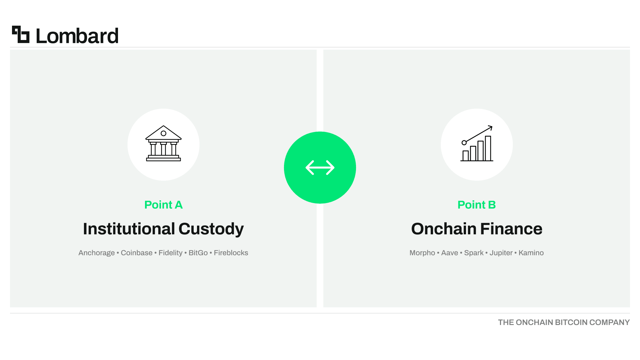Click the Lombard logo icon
coord(21,34)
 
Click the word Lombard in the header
coord(77,36)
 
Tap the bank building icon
coord(163,143)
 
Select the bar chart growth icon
coord(477,143)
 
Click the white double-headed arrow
coord(320,168)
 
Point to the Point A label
coord(163,205)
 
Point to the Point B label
coord(477,205)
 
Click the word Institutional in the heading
coord(129,229)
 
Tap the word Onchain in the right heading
coord(444,229)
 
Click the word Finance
coord(511,229)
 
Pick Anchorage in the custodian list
coord(97,253)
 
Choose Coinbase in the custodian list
coord(137,253)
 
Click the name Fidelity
coord(171,253)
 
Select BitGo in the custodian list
coord(198,253)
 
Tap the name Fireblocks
coord(231,253)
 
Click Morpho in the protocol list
coord(422,253)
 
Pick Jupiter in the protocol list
coord(501,253)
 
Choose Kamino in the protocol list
coord(531,253)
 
